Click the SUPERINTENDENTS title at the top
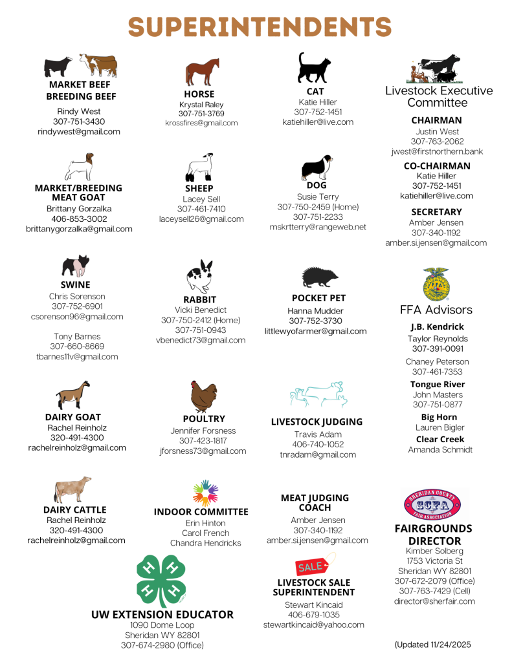pos(260,27)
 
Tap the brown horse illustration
pos(202,72)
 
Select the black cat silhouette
pos(314,68)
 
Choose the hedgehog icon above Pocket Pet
pos(319,277)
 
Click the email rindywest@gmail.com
pos(79,132)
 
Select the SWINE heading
pos(76,284)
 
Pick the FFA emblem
pos(436,284)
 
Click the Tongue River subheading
pos(438,384)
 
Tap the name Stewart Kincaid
pos(314,604)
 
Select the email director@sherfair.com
pos(434,601)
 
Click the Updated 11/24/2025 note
pos(433,645)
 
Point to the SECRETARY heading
pos(436,212)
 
